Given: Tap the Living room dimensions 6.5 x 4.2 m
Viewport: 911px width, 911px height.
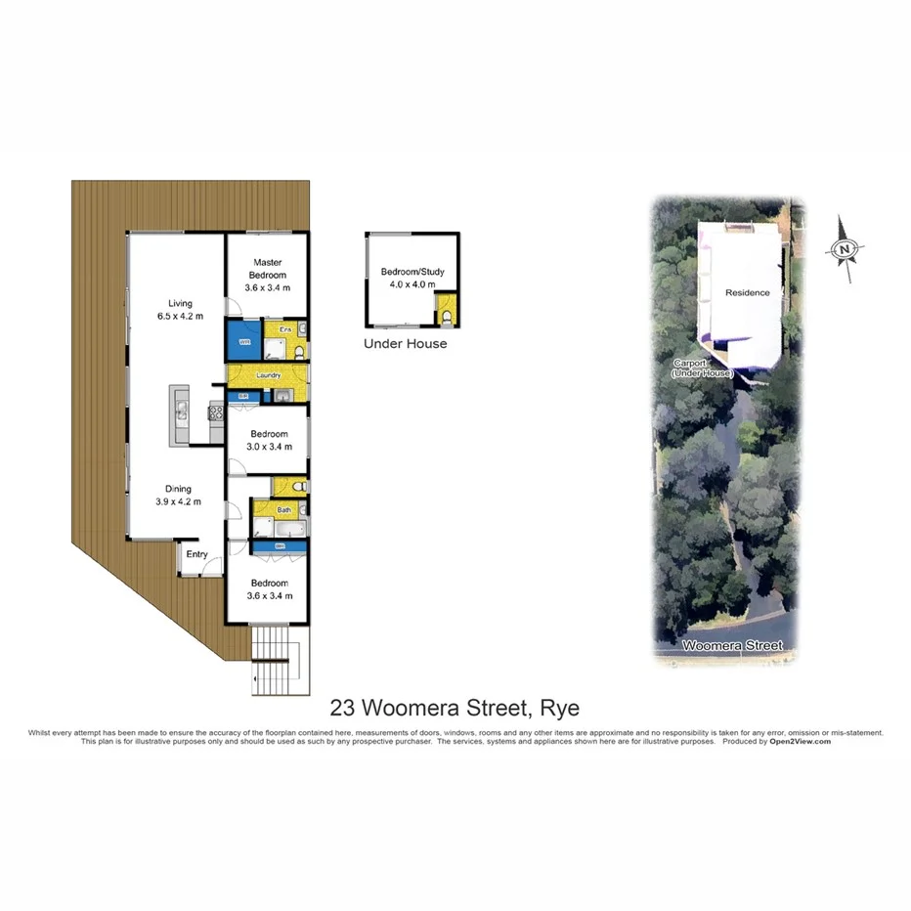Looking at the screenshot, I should coord(180,316).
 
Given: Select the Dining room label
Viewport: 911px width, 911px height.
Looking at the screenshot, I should coord(178,489).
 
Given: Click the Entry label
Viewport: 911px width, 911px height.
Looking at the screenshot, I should coord(197,554).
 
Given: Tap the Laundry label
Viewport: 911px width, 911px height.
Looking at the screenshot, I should coord(268,374).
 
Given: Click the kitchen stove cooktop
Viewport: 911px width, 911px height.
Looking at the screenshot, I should coord(216,412).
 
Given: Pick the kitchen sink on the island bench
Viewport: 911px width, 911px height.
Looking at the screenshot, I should coord(181,412).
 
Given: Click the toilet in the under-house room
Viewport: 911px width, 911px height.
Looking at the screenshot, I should coord(446,317).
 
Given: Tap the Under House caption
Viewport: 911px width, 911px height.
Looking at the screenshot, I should coord(405,344).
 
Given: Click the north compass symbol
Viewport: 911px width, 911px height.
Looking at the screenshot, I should coord(844,250).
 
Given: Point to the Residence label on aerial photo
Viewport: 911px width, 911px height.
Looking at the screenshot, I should coord(747,292).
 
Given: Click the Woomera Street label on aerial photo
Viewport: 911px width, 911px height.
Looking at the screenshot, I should coord(732,646).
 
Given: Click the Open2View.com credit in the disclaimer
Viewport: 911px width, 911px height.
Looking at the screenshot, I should coord(802,742).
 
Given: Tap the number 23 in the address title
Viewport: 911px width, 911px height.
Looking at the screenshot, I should coord(341,707).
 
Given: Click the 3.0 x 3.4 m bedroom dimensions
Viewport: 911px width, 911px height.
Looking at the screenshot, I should coord(269,447).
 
